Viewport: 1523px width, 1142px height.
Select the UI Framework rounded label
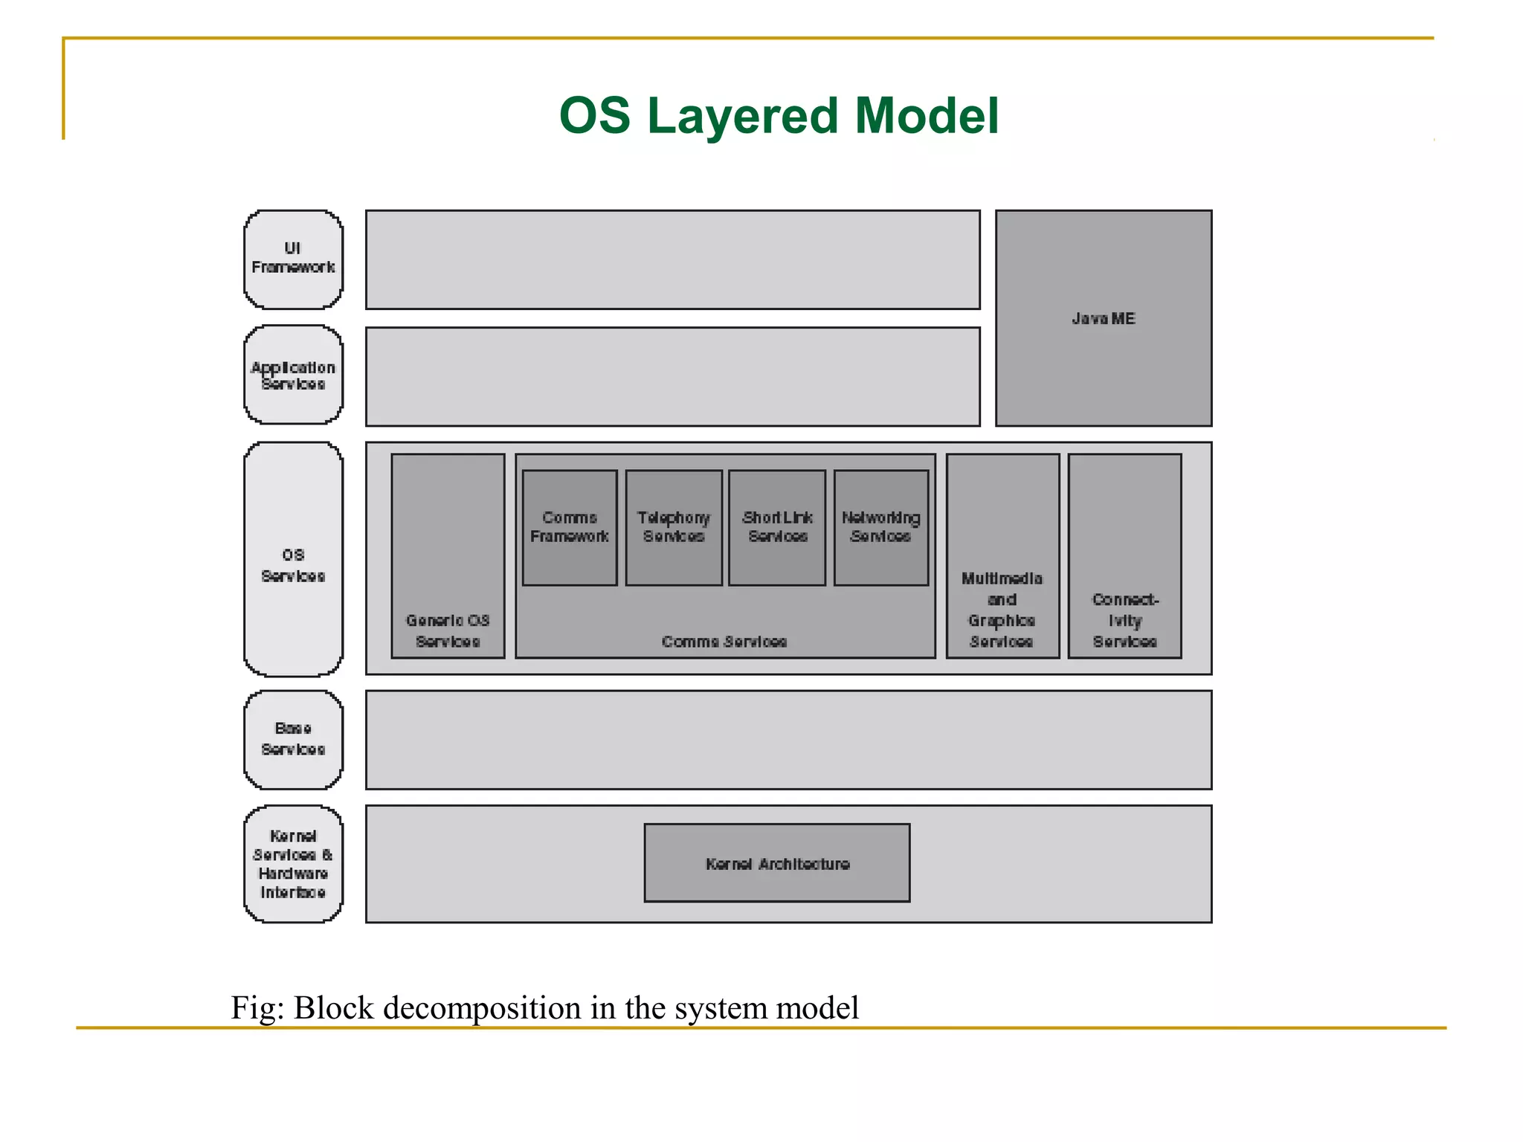coord(293,259)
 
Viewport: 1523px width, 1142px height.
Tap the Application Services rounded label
coord(293,375)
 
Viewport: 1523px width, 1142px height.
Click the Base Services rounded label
coord(293,740)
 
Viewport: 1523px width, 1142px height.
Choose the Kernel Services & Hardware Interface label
coord(293,864)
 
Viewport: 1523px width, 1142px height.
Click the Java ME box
coord(1103,318)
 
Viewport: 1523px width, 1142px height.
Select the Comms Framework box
coord(570,527)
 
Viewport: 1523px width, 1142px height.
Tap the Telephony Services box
coord(674,527)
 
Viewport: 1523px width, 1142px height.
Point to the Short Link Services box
coord(777,527)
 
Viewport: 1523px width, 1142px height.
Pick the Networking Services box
coord(881,527)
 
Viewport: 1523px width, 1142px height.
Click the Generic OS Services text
coord(448,630)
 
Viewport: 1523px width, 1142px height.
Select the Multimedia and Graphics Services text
coord(1002,610)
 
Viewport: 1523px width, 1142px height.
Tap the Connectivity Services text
coord(1124,620)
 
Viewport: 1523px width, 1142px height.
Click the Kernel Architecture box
coord(777,863)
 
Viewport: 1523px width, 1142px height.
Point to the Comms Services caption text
coord(724,642)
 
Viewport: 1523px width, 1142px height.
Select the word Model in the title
coord(927,117)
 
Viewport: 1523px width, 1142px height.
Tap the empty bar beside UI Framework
coord(673,259)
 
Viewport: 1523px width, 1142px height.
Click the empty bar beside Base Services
coord(788,740)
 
